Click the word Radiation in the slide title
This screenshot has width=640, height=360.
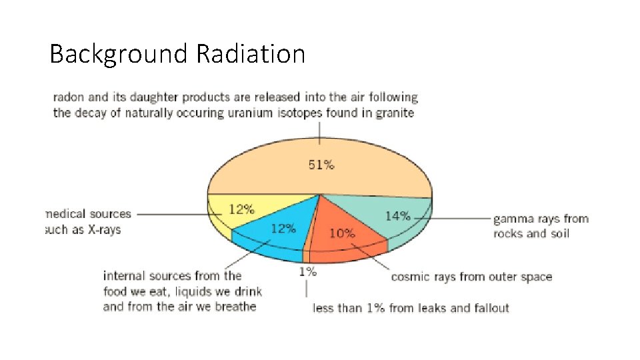pos(251,53)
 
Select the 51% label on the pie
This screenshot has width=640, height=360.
pos(321,165)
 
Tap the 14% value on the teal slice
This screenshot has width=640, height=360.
pos(397,215)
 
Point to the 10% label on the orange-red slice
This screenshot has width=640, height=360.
pos(342,233)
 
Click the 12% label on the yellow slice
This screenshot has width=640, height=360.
pos(241,209)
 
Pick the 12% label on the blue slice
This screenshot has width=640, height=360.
pos(283,229)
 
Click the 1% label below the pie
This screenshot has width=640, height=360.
pos(307,271)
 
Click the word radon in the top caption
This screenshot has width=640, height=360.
pos(68,97)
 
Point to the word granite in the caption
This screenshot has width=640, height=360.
pos(394,113)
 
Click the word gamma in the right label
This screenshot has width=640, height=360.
pos(513,219)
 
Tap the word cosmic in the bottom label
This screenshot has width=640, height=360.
pos(410,277)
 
